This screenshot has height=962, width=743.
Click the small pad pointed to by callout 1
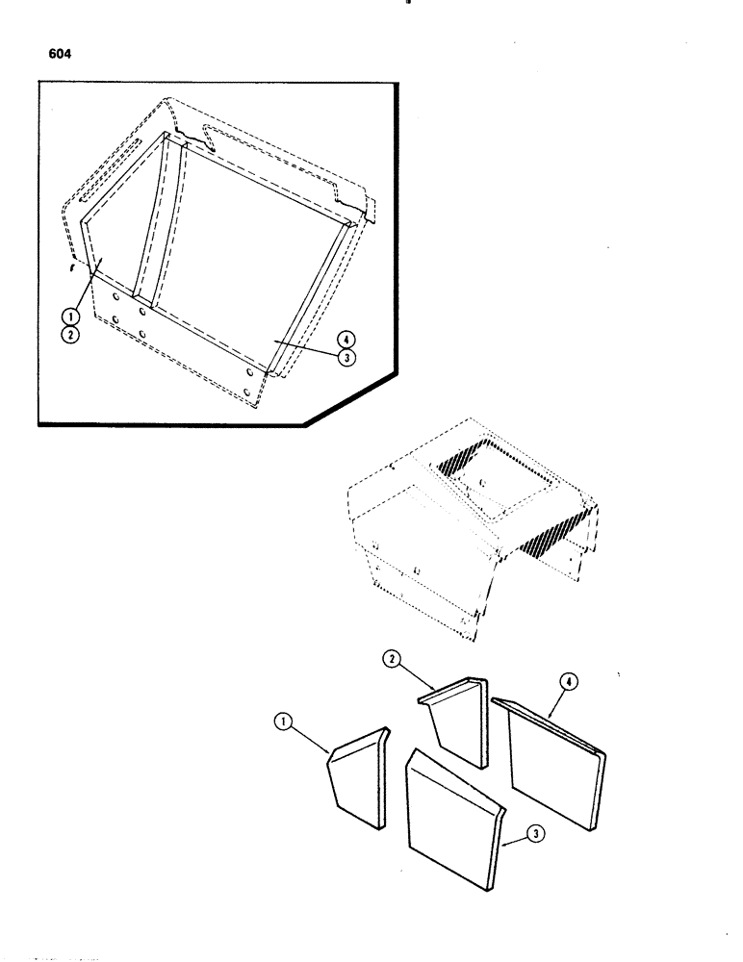356,779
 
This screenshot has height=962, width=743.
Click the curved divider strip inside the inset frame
151,221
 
